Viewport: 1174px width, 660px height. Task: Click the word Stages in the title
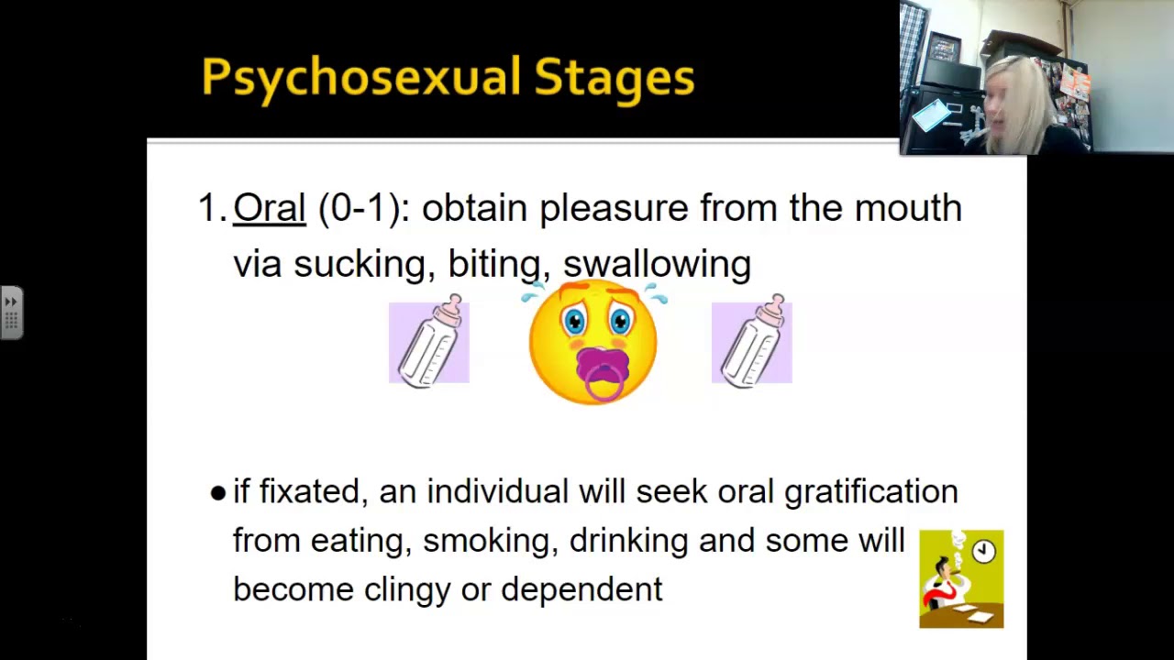tap(614, 77)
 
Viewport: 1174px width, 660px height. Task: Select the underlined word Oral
tap(269, 208)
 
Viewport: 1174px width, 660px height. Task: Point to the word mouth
tap(907, 208)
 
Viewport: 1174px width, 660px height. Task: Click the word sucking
tap(359, 264)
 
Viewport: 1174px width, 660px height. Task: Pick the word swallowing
tap(657, 264)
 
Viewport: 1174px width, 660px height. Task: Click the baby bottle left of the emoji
tap(429, 341)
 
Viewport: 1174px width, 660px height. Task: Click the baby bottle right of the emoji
tap(752, 341)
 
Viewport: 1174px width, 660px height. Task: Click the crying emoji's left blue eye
tap(575, 321)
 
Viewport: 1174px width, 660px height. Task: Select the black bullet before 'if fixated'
tap(217, 493)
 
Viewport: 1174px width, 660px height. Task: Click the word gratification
tap(870, 492)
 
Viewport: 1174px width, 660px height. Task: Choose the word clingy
tap(406, 589)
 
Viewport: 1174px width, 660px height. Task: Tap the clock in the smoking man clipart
tap(983, 551)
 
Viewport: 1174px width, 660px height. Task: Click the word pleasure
tap(613, 208)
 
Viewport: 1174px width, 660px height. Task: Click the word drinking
tap(628, 541)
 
